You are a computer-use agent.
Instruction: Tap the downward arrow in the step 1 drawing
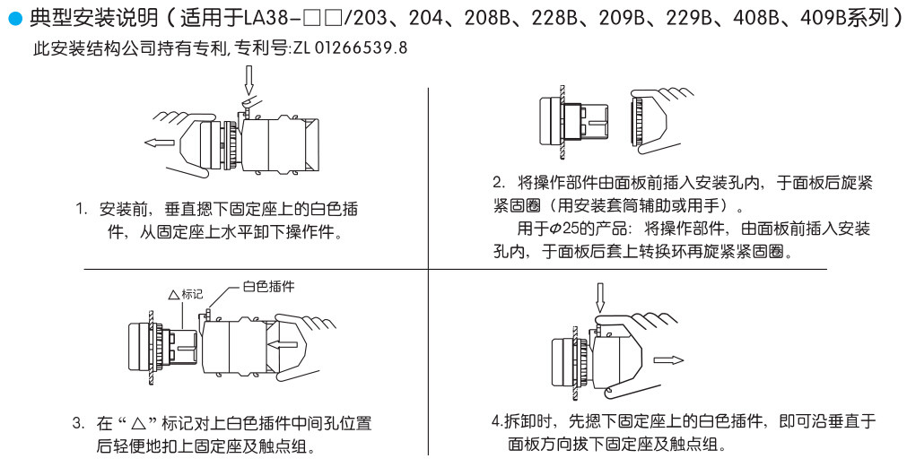[250, 83]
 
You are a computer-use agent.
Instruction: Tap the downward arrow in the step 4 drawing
[601, 295]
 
